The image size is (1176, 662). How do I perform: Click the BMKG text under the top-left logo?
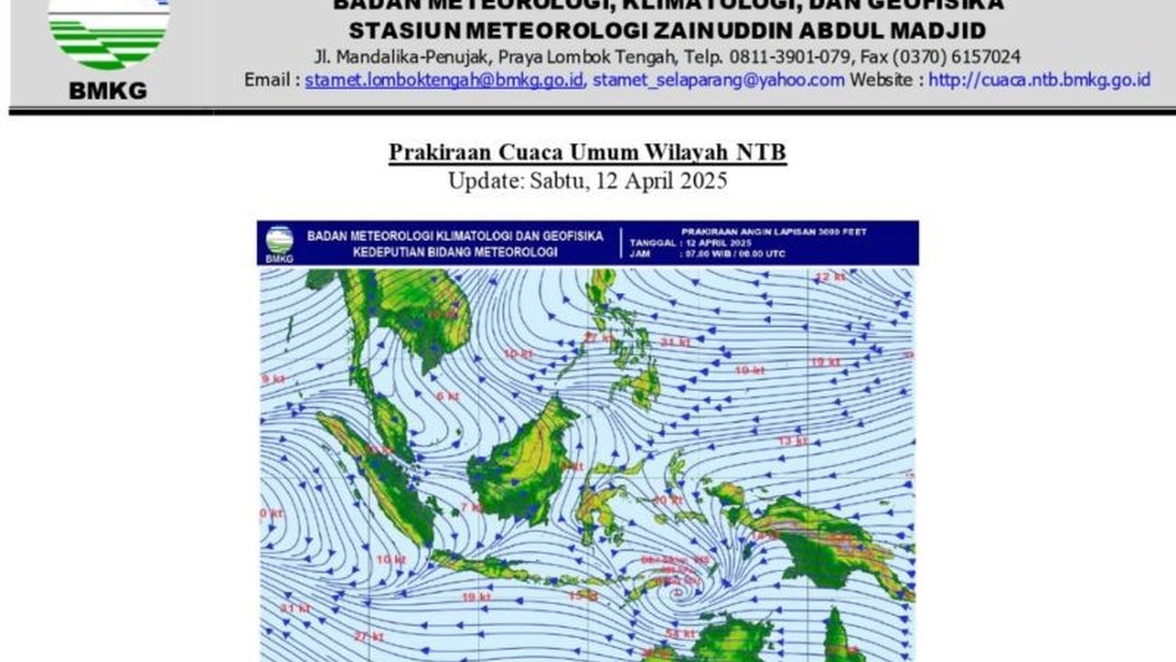coord(107,90)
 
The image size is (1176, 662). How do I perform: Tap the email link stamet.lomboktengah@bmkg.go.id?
coord(444,80)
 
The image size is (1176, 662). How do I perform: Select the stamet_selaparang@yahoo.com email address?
coord(718,80)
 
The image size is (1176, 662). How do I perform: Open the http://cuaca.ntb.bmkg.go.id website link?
coord(1039,80)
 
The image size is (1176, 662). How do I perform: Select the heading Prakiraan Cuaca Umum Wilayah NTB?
coord(587,152)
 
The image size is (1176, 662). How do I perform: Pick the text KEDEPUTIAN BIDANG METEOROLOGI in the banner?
coord(432,253)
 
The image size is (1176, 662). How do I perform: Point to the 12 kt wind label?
coord(830,277)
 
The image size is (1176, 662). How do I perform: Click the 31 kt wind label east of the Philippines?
coord(675,343)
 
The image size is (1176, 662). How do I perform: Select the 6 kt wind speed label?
coord(447,396)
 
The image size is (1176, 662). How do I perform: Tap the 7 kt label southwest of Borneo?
coord(471,508)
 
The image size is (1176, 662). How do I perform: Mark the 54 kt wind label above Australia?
coord(680,634)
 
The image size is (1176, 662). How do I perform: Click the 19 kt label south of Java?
coord(475,598)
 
